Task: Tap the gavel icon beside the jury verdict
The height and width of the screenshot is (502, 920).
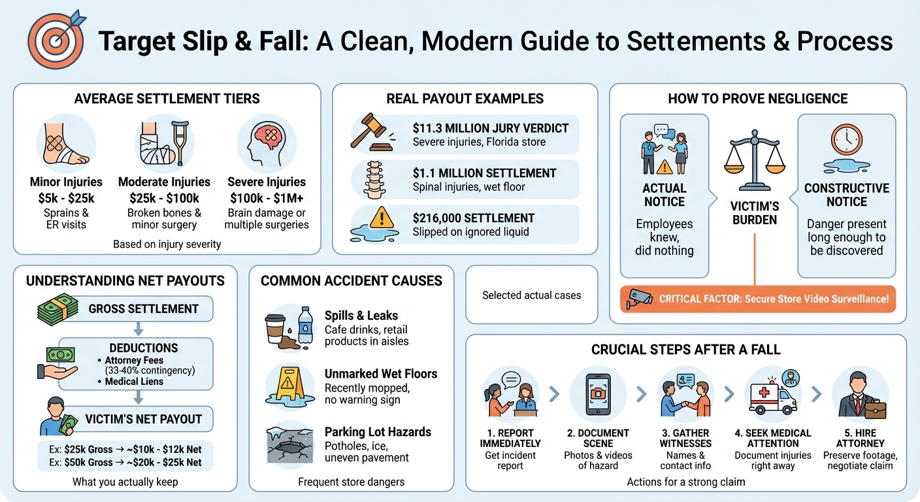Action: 371,131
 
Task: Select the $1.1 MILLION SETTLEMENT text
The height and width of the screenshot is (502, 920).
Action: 484,173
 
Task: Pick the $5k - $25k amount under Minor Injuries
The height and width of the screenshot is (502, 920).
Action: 65,197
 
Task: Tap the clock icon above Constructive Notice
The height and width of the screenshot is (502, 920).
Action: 846,140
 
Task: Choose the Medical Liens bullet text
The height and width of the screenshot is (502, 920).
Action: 134,381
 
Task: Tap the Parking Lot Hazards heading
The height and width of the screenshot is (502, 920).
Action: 378,432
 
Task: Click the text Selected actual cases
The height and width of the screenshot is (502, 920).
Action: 531,295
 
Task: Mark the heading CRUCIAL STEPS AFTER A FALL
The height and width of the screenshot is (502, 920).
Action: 685,350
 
